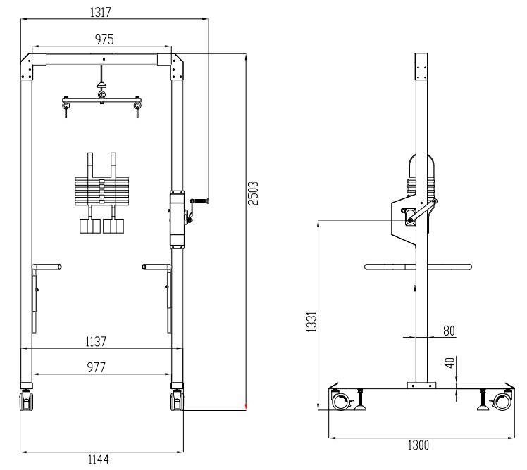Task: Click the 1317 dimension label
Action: (103, 12)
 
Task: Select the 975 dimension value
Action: (102, 39)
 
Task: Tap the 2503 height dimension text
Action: (255, 192)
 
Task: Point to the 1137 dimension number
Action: (96, 341)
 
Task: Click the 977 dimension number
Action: (96, 367)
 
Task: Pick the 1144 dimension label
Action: (98, 459)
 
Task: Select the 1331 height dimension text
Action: (311, 325)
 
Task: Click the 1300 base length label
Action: (418, 445)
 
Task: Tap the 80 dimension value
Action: (449, 329)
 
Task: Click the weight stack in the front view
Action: (102, 190)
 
